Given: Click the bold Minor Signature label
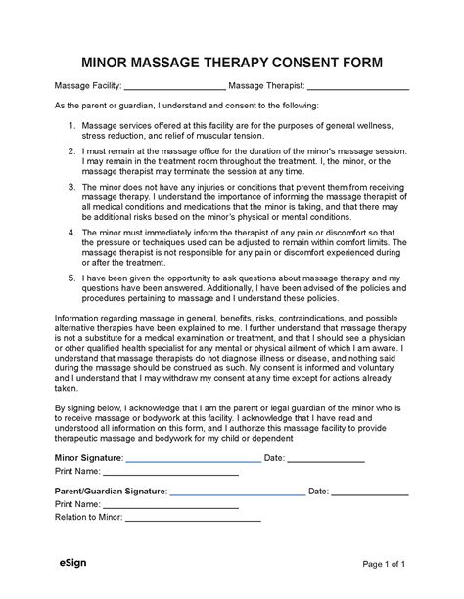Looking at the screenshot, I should pos(88,457).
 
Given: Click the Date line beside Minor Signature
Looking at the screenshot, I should pos(326,460).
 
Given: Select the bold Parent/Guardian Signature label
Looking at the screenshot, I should pos(110,491).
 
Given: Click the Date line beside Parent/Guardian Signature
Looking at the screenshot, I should pos(370,493).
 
